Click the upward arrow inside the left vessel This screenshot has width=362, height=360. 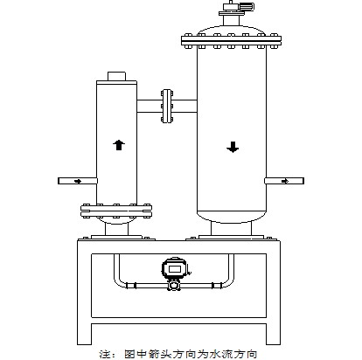coord(119,145)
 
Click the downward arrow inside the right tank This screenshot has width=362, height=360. coord(233,147)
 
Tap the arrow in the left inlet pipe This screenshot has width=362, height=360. coord(78,181)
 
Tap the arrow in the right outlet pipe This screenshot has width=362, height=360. coord(285,181)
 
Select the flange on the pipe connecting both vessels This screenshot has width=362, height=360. coord(167,106)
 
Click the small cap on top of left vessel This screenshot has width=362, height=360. coord(116,76)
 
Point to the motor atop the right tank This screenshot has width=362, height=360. coord(236,8)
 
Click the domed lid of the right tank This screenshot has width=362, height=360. coord(231,30)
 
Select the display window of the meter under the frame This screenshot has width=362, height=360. coord(174,268)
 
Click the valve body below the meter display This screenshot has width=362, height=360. coord(174,285)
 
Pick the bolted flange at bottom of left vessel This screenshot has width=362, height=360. coord(116,211)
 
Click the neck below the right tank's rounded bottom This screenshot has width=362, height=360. coord(231,229)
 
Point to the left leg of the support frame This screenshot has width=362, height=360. coord(85,293)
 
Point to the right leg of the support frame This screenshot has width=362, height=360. coord(274,293)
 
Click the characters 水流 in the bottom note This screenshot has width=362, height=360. coord(220,354)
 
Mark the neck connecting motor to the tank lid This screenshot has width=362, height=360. coord(231,20)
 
